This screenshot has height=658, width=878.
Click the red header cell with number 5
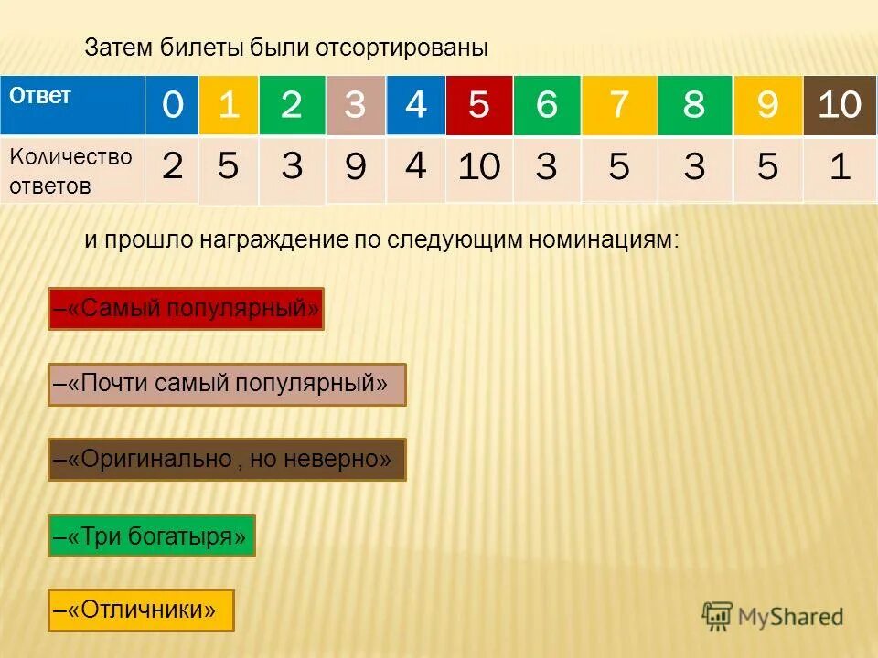pos(478,105)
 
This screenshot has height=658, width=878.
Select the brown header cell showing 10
pos(840,105)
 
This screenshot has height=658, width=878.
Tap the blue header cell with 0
pos(172,105)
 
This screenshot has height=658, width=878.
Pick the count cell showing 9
pos(355,168)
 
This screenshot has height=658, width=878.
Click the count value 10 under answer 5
pos(478,168)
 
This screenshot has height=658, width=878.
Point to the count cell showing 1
pos(840,168)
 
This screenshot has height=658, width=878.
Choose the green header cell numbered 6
pos(546,105)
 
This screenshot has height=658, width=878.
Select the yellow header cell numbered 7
pos(619,105)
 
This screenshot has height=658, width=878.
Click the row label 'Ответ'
pos(40,96)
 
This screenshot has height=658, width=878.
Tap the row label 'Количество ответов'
pos(71,171)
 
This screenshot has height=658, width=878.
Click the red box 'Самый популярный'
pos(187,309)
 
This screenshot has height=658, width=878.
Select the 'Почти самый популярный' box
pos(227,384)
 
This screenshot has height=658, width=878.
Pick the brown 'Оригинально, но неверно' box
pos(227,459)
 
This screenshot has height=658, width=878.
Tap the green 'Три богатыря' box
pos(151,536)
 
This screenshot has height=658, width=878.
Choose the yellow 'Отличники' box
pos(141,610)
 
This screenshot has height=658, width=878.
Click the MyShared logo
pos(773,617)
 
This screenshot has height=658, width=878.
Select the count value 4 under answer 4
pos(415,167)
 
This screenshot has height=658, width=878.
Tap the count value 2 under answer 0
pos(172,167)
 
